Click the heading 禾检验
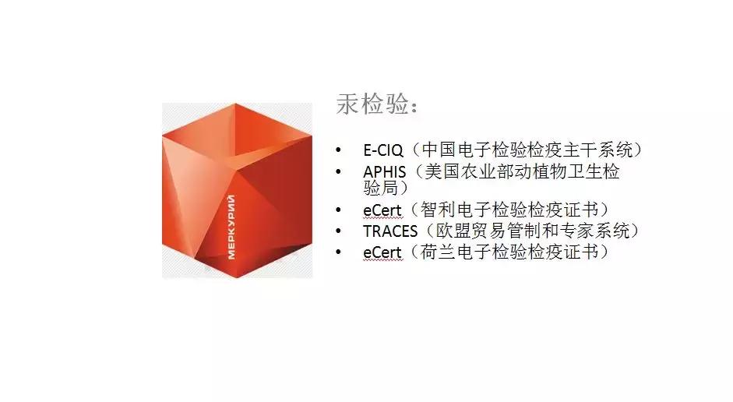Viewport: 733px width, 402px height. (x=373, y=104)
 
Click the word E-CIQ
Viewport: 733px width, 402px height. (x=383, y=150)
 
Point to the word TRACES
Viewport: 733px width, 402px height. (x=390, y=231)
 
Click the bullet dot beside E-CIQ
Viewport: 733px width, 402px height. (x=338, y=150)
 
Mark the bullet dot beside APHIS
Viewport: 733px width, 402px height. (x=338, y=171)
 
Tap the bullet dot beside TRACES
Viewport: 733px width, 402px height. (x=338, y=231)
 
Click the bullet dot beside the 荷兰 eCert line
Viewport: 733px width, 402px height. (x=338, y=252)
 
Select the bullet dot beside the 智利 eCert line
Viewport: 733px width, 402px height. (x=338, y=211)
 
